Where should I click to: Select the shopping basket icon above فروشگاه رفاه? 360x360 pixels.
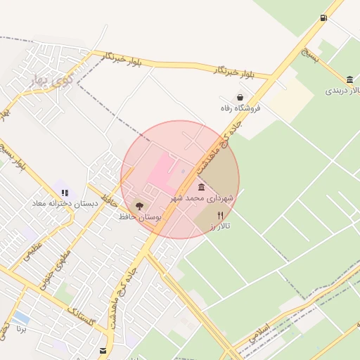pos(240,97)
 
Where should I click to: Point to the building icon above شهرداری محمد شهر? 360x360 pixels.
pos(202,187)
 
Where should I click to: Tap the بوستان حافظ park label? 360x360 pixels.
pos(140,218)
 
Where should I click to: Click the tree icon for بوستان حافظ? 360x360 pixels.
pos(139,206)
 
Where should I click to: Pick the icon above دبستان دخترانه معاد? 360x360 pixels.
pos(65,192)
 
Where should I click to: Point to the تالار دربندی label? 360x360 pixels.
pos(343,91)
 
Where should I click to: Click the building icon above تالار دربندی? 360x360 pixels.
pos(350,79)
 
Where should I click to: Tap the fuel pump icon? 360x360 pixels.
pos(323,18)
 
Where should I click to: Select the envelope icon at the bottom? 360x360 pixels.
pos(103,350)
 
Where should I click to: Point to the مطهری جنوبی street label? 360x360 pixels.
pos(56,266)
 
